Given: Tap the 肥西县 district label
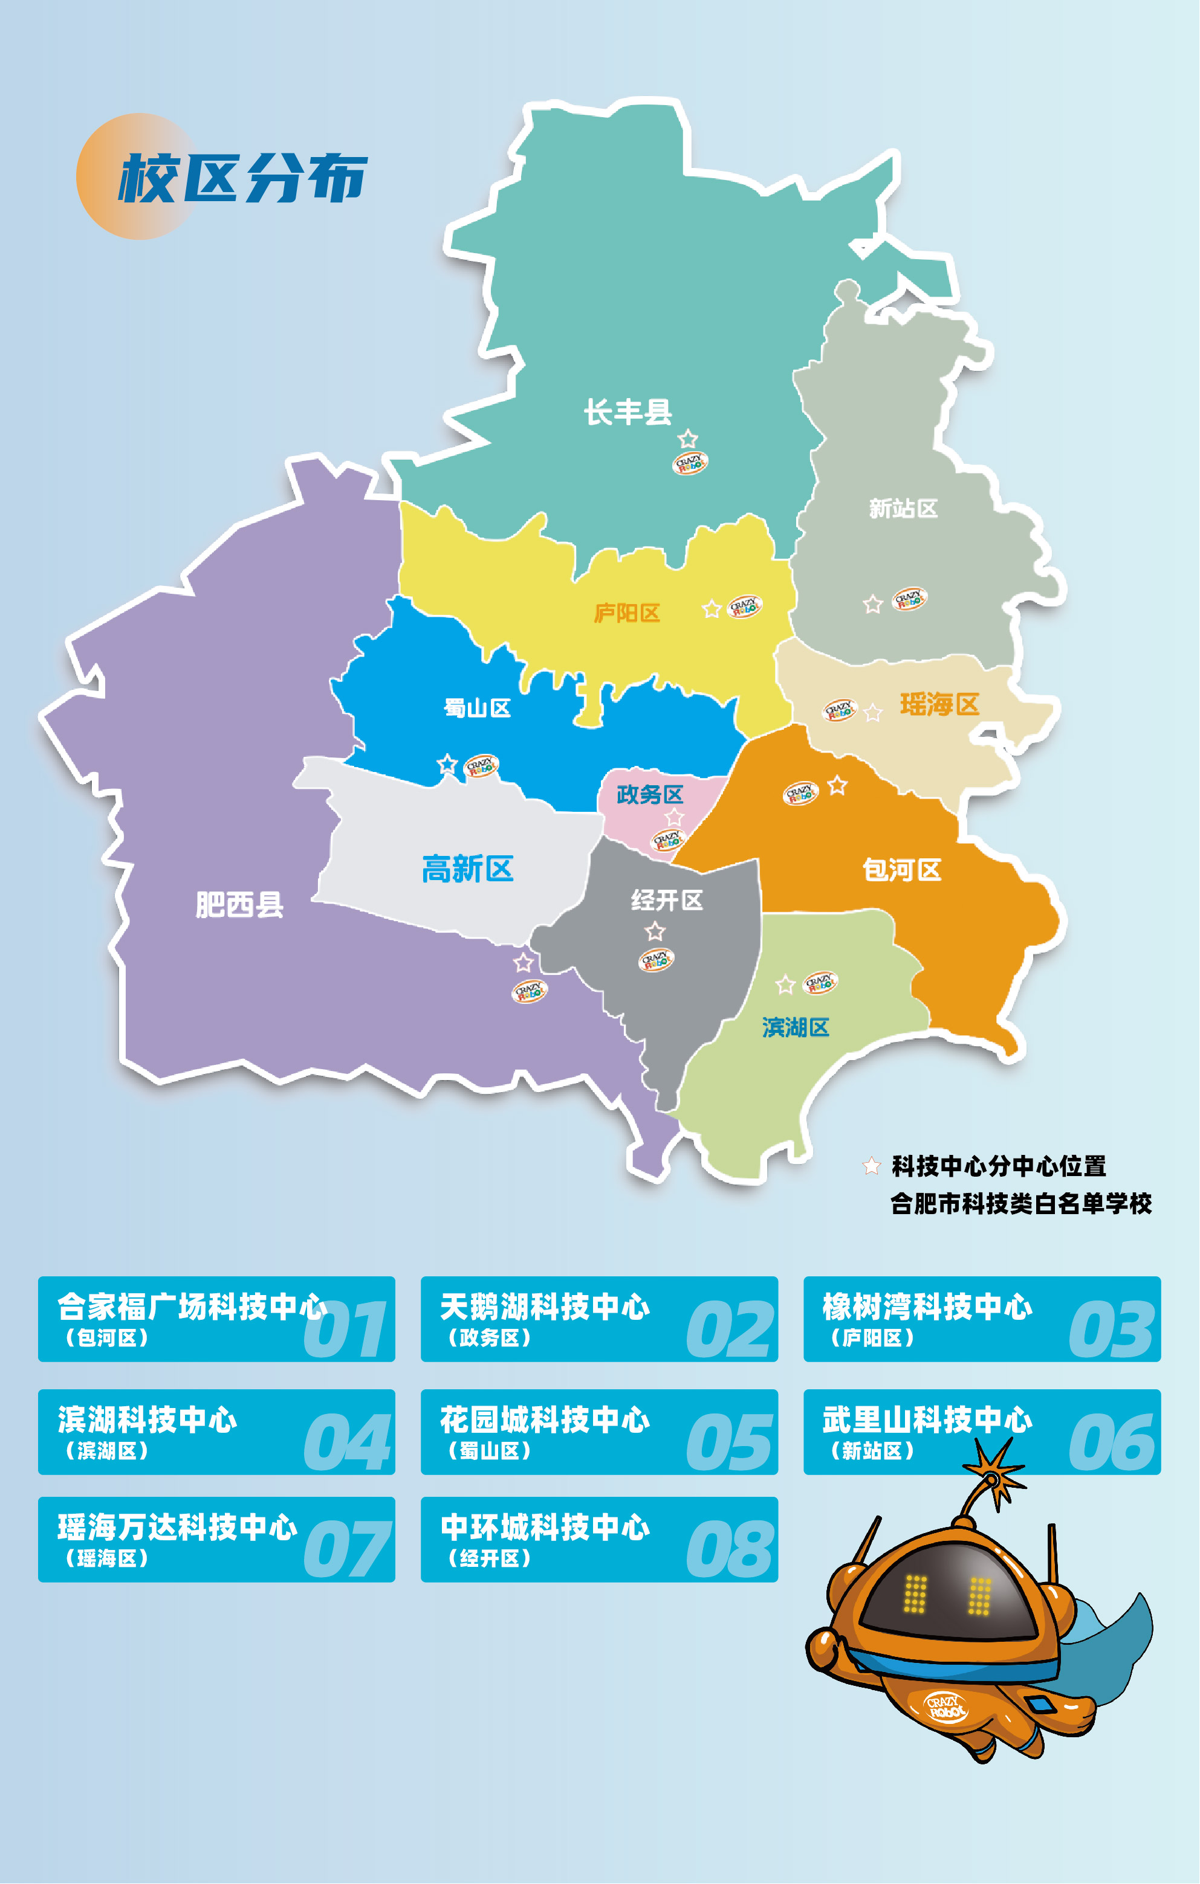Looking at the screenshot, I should coord(239,905).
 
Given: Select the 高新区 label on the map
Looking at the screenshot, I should coord(467,869).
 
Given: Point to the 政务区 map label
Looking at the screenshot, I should coord(650,795).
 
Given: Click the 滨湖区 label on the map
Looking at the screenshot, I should coord(796,1027).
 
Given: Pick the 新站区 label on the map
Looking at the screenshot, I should coord(903,509).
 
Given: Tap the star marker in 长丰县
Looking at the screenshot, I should coord(688,438).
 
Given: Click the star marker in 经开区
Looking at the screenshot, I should coord(655,931).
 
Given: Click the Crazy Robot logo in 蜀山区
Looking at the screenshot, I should coord(481,765).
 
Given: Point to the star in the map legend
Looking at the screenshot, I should coord(871,1166).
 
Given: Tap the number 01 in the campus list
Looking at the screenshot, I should coord(345,1329).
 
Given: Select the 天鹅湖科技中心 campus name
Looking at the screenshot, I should coord(545,1307).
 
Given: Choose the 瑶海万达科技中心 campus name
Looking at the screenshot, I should coord(178,1527).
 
